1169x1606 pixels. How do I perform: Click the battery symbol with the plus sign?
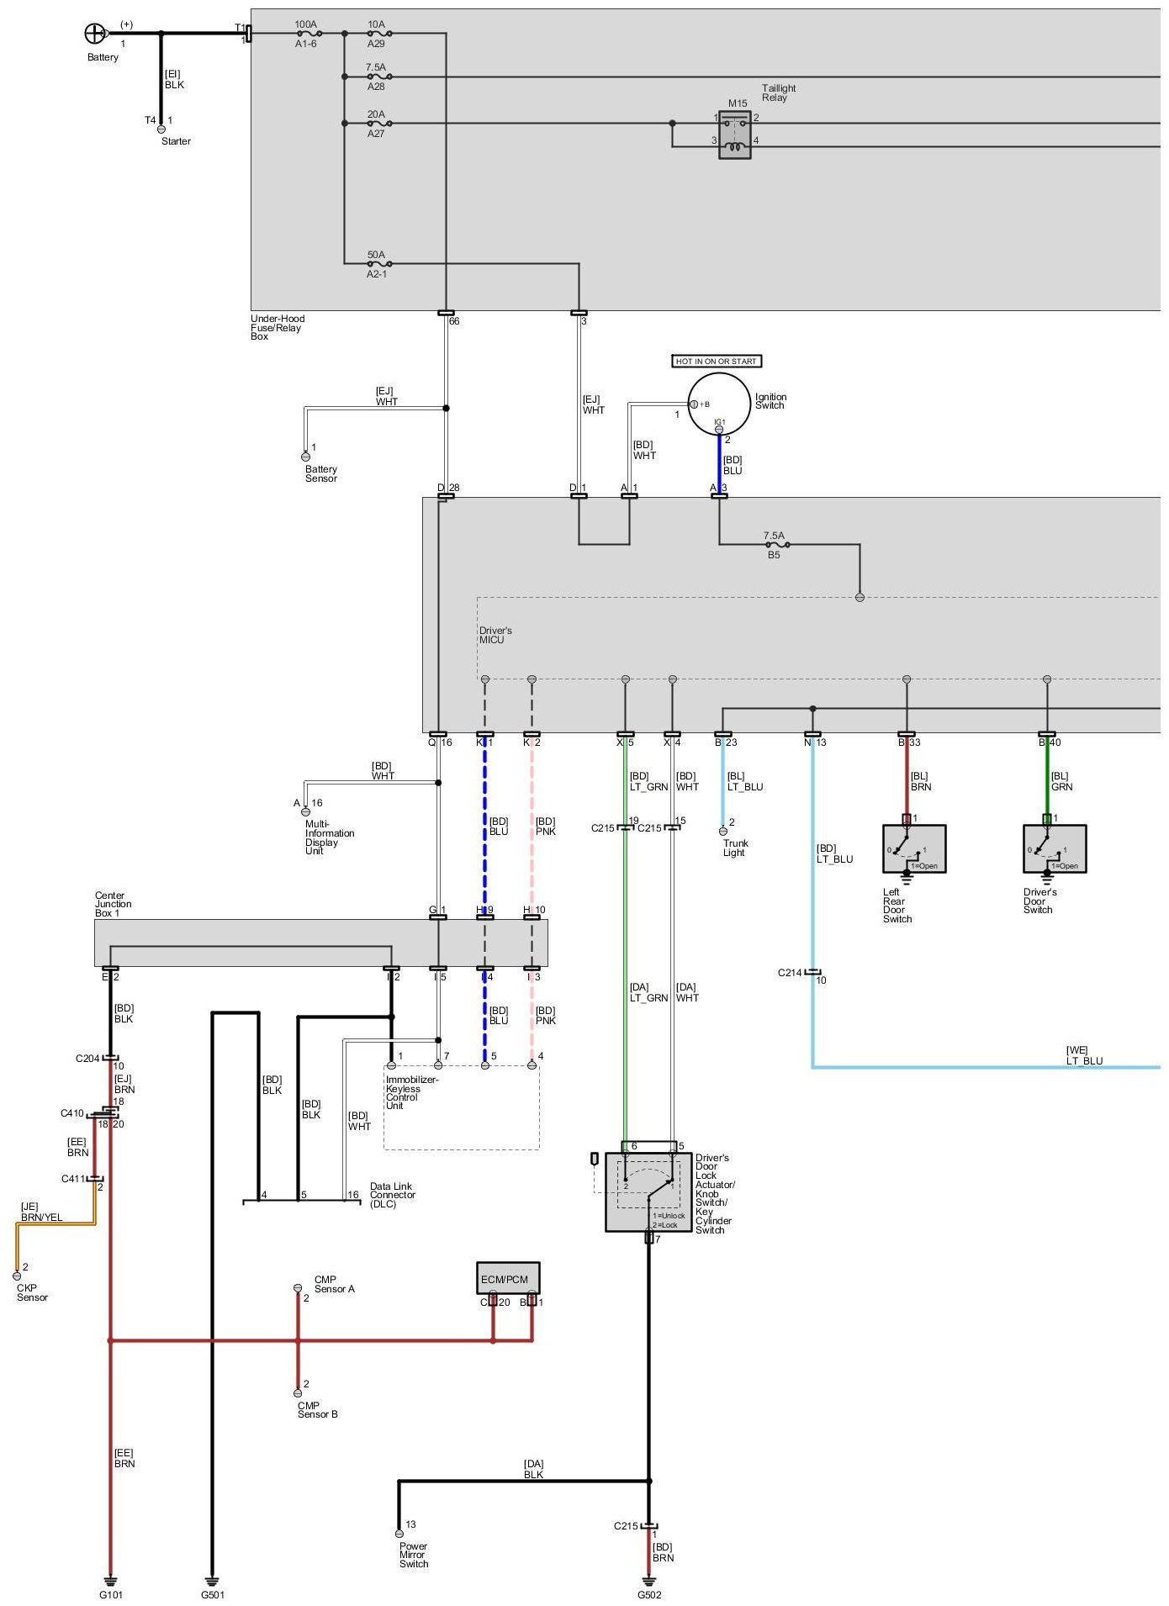95,34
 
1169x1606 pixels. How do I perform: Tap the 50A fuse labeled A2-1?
377,264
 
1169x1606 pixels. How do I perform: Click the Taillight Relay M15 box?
735,135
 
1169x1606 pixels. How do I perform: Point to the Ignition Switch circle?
719,404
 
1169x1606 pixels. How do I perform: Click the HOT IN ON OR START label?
717,362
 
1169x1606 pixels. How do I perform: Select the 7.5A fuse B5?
775,545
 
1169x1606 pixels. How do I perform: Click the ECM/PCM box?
507,1278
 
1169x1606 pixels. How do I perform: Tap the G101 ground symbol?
110,1580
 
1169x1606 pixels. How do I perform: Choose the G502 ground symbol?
649,1580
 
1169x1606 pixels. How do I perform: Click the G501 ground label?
213,1595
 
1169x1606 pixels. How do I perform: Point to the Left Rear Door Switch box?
914,848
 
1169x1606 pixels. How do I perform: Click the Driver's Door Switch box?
1055,848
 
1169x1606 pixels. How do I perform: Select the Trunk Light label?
735,848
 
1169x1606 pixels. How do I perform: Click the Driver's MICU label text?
495,635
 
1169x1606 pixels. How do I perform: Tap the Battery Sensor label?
321,473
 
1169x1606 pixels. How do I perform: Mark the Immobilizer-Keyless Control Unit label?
411,1092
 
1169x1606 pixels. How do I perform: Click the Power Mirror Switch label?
414,1555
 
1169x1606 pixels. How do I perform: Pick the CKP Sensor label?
33,1292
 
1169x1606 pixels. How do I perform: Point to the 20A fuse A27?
377,124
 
